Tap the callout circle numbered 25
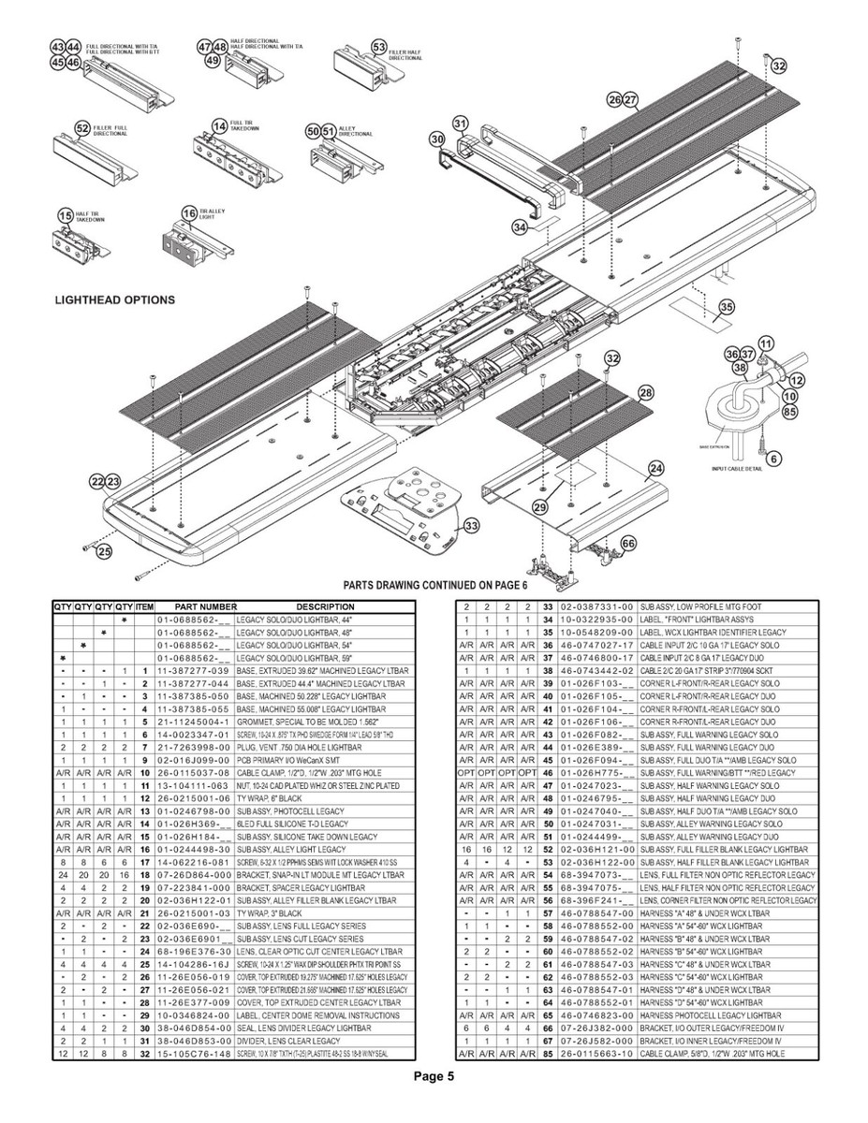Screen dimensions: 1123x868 point(103,551)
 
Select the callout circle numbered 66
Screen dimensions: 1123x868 point(628,543)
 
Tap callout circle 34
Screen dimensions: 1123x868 point(519,227)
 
